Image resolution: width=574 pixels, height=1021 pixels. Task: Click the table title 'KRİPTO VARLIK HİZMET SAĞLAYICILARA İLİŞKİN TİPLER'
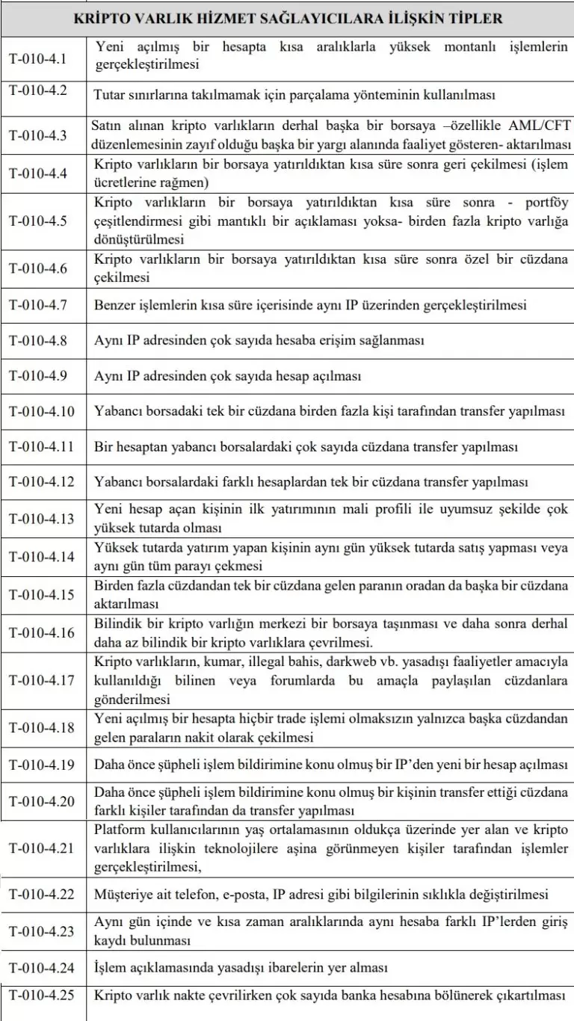click(x=288, y=17)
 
